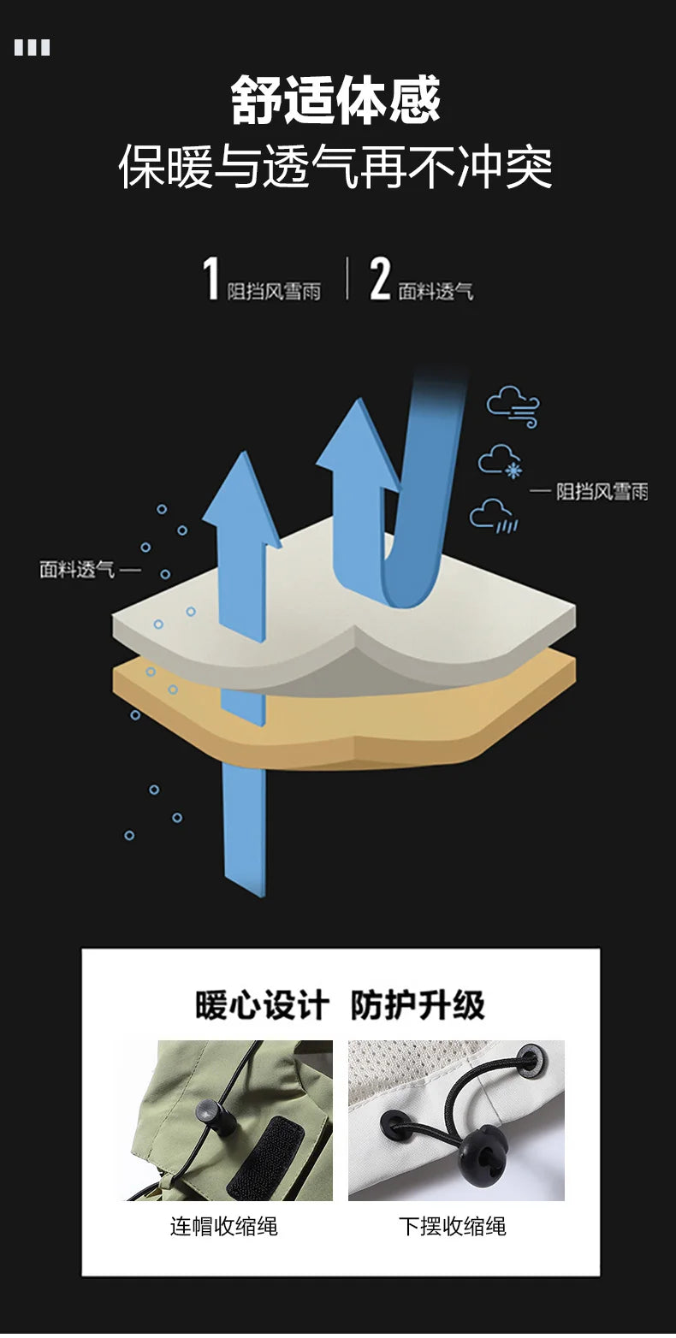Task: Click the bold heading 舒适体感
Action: click(x=336, y=100)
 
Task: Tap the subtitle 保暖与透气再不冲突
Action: click(x=335, y=166)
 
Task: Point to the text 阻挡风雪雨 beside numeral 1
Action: click(x=274, y=292)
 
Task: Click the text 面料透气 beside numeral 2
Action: click(x=436, y=292)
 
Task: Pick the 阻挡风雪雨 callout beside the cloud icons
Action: click(x=602, y=492)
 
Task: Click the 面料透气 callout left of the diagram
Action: click(x=77, y=570)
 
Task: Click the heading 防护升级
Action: click(x=418, y=1005)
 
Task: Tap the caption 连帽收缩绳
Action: click(x=224, y=1226)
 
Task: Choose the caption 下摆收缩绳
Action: click(x=453, y=1226)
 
